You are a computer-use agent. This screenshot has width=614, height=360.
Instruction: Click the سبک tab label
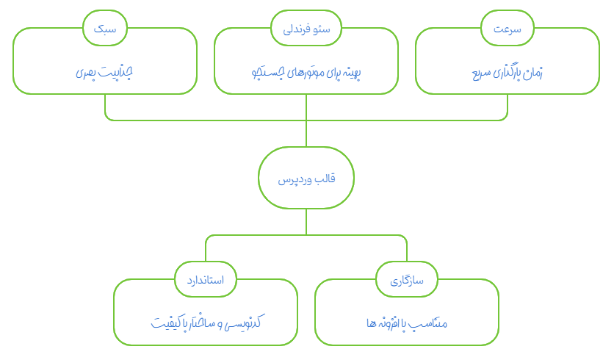(x=105, y=29)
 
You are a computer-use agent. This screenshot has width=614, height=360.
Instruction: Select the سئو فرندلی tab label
(x=306, y=29)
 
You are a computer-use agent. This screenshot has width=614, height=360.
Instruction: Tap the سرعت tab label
(x=507, y=29)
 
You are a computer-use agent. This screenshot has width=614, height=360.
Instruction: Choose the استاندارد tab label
(x=206, y=281)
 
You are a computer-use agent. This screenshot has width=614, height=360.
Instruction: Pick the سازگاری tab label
(x=406, y=281)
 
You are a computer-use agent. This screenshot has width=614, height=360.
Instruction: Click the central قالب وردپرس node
(x=306, y=179)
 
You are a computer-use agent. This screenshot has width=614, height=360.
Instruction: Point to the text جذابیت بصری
(x=105, y=73)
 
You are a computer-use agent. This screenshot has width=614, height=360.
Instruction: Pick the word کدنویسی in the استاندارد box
(x=242, y=323)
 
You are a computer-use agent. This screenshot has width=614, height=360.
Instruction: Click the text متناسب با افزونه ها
(x=406, y=323)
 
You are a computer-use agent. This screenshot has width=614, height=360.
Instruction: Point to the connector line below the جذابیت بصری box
(x=105, y=107)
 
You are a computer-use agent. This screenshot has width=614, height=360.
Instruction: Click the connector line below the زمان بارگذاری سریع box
(x=507, y=107)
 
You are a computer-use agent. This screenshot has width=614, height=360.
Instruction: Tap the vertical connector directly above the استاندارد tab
(x=206, y=250)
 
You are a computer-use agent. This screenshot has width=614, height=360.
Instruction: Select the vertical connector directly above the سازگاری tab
(x=406, y=250)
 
